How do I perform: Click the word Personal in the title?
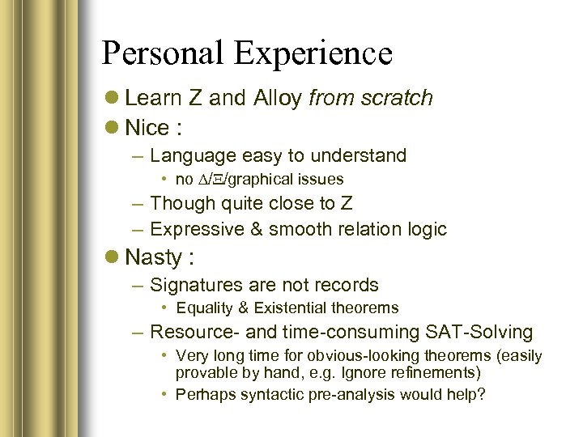[162, 53]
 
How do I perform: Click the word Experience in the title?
[313, 53]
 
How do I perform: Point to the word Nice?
[147, 128]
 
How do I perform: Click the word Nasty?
[154, 257]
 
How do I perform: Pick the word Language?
[188, 155]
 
